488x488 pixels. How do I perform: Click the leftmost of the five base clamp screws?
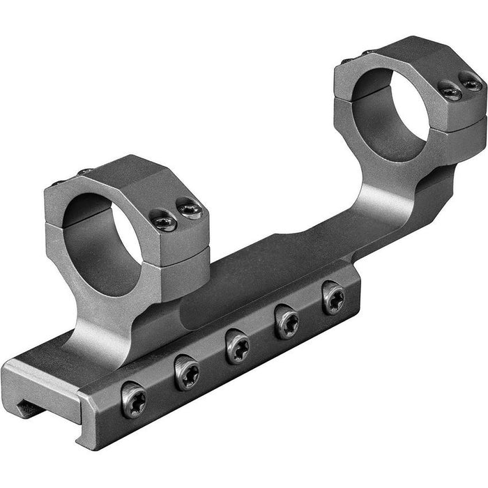click(x=134, y=400)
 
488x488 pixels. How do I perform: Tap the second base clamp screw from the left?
click(x=187, y=373)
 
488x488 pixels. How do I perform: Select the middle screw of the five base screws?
click(x=238, y=346)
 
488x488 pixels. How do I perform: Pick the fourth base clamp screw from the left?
click(x=287, y=322)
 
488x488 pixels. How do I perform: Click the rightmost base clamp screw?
click(x=333, y=298)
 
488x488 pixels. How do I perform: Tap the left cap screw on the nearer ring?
click(x=164, y=221)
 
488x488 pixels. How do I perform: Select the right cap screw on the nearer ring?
click(x=189, y=208)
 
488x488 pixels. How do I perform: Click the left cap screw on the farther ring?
click(x=450, y=91)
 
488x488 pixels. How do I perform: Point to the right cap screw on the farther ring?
click(x=470, y=84)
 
